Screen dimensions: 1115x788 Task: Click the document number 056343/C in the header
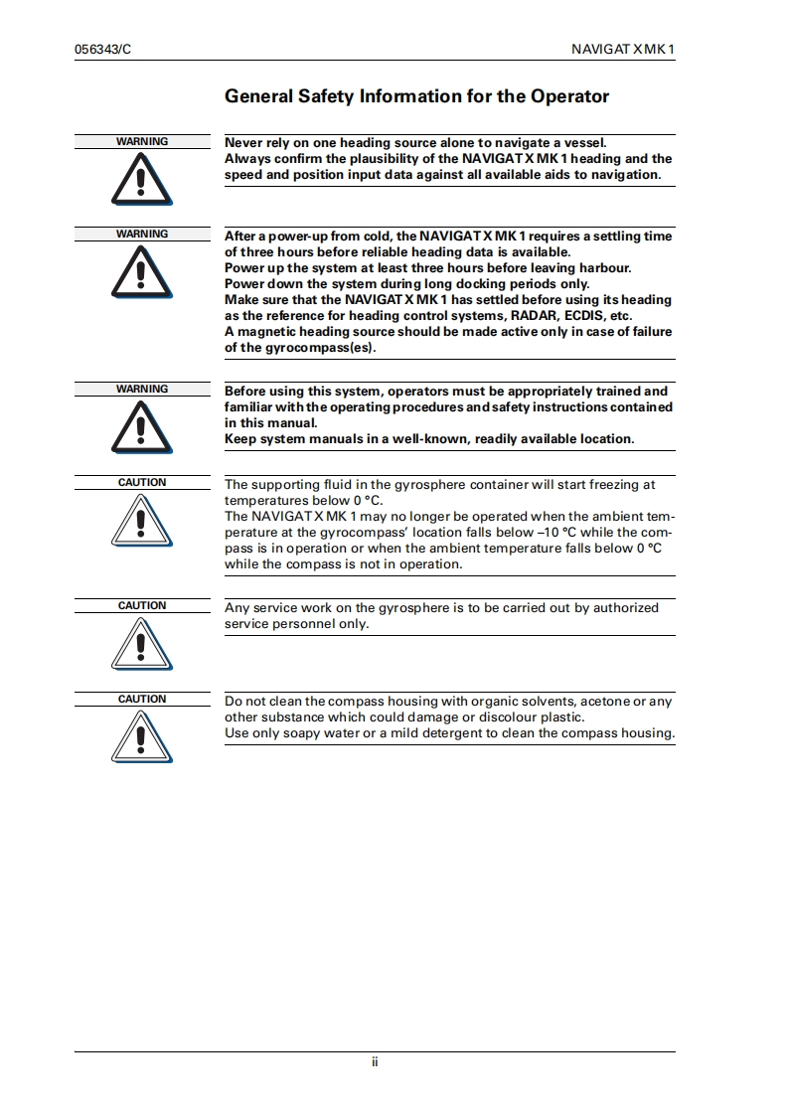[103, 49]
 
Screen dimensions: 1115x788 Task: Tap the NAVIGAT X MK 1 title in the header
[623, 49]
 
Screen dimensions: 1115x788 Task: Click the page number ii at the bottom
[375, 1062]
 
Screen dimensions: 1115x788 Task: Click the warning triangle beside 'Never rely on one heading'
[142, 180]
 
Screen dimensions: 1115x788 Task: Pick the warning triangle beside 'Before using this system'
[142, 427]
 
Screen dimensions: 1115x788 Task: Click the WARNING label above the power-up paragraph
[142, 234]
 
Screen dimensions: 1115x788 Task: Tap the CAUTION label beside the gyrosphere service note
[142, 605]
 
